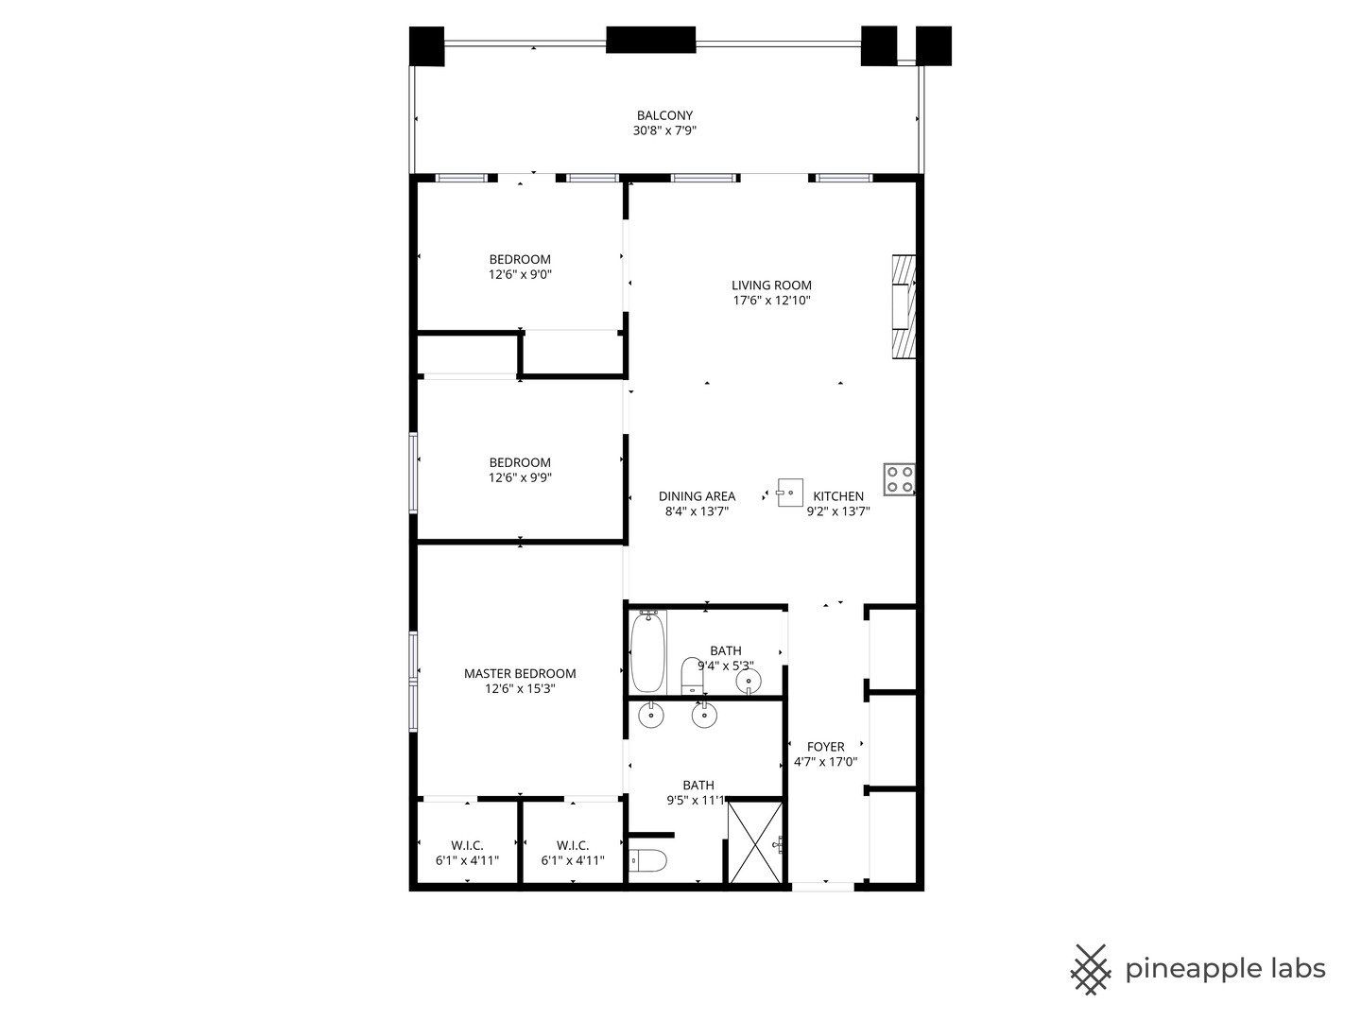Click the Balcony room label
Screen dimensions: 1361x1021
(664, 115)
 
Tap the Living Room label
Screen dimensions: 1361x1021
(770, 286)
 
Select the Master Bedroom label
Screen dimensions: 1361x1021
(520, 673)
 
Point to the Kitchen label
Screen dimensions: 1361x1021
(837, 496)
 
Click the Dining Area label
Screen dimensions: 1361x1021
(697, 496)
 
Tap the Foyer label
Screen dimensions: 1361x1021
(825, 747)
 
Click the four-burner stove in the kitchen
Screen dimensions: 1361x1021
(899, 479)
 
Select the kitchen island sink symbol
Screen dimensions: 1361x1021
(789, 493)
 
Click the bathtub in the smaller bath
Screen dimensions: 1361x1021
(648, 651)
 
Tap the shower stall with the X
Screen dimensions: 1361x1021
(754, 841)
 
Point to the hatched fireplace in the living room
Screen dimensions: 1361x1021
(904, 306)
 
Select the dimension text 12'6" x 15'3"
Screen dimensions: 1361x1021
(520, 689)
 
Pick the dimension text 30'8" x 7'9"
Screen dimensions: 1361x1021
(664, 130)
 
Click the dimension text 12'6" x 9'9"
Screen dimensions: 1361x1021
(520, 478)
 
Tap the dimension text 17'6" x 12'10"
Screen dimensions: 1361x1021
(771, 301)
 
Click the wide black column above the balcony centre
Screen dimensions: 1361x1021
(650, 40)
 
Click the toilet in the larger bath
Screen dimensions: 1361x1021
(648, 860)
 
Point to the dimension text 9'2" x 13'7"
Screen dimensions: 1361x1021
(837, 511)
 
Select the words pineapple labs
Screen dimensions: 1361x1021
(1225, 971)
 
